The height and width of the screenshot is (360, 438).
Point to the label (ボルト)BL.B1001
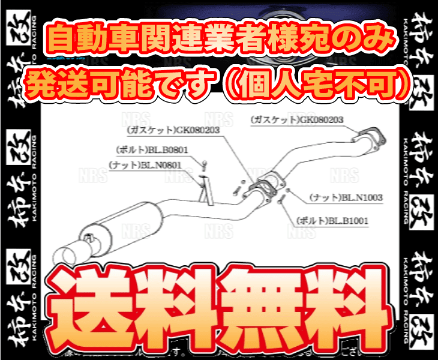coord(332,221)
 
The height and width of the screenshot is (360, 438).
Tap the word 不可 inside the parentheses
coord(365,84)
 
